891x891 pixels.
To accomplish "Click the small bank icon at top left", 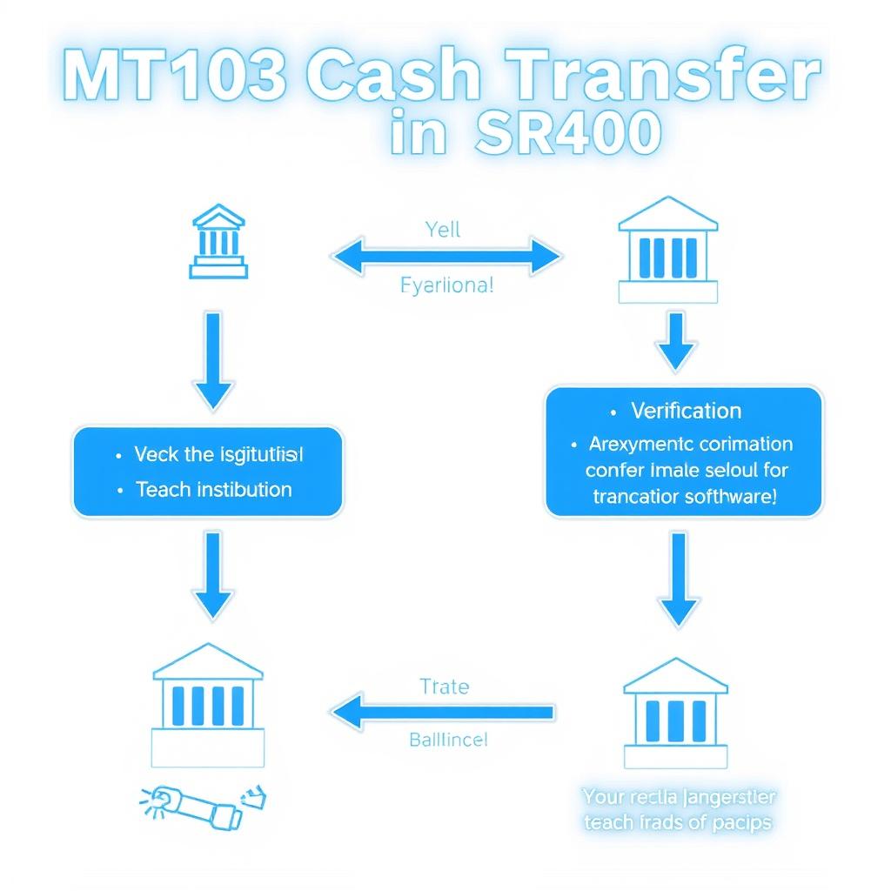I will pos(218,241).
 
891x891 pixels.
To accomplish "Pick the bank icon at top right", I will pos(667,250).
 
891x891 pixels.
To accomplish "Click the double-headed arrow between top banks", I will pos(445,258).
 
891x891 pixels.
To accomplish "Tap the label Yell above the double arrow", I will pos(443,231).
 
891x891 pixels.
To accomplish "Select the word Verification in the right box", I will pos(686,411).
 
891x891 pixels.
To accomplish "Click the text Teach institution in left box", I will pos(213,489).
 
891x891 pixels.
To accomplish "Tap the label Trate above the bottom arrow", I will pos(444,687).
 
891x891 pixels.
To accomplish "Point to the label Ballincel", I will pos(448,740).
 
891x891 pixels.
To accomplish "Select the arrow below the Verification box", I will pos(680,579).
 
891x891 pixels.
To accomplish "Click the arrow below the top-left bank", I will pos(212,361).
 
